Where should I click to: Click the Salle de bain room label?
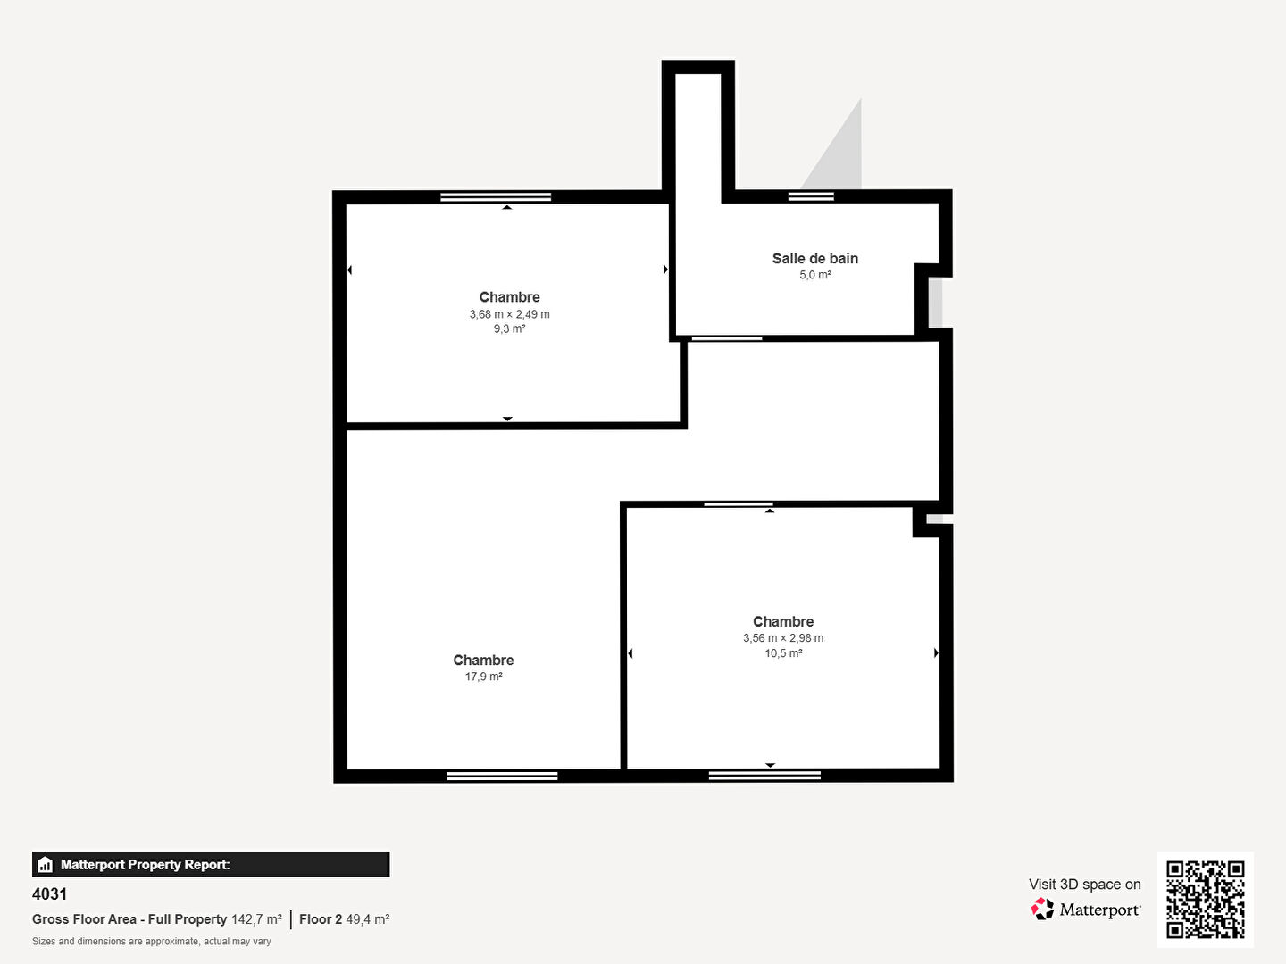click(815, 258)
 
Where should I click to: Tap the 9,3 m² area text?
click(509, 329)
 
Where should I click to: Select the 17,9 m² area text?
click(483, 677)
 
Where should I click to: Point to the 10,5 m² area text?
click(782, 653)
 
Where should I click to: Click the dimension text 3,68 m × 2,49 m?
click(509, 314)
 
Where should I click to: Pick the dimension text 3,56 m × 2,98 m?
click(782, 638)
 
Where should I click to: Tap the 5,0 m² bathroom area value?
click(815, 275)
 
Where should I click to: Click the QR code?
click(1205, 899)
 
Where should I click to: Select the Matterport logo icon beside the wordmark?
click(1042, 909)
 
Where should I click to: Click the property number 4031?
click(50, 893)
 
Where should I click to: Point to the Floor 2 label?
click(320, 919)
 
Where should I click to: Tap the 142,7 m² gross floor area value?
click(256, 919)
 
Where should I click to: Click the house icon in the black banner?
click(46, 865)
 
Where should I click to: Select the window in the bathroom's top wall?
click(811, 196)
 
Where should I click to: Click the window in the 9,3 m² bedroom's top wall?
click(496, 196)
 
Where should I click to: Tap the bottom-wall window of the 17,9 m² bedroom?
click(502, 777)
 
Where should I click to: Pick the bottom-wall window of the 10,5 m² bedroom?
click(764, 776)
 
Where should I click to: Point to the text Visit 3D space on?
click(1084, 885)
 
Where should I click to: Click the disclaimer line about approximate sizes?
click(152, 941)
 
